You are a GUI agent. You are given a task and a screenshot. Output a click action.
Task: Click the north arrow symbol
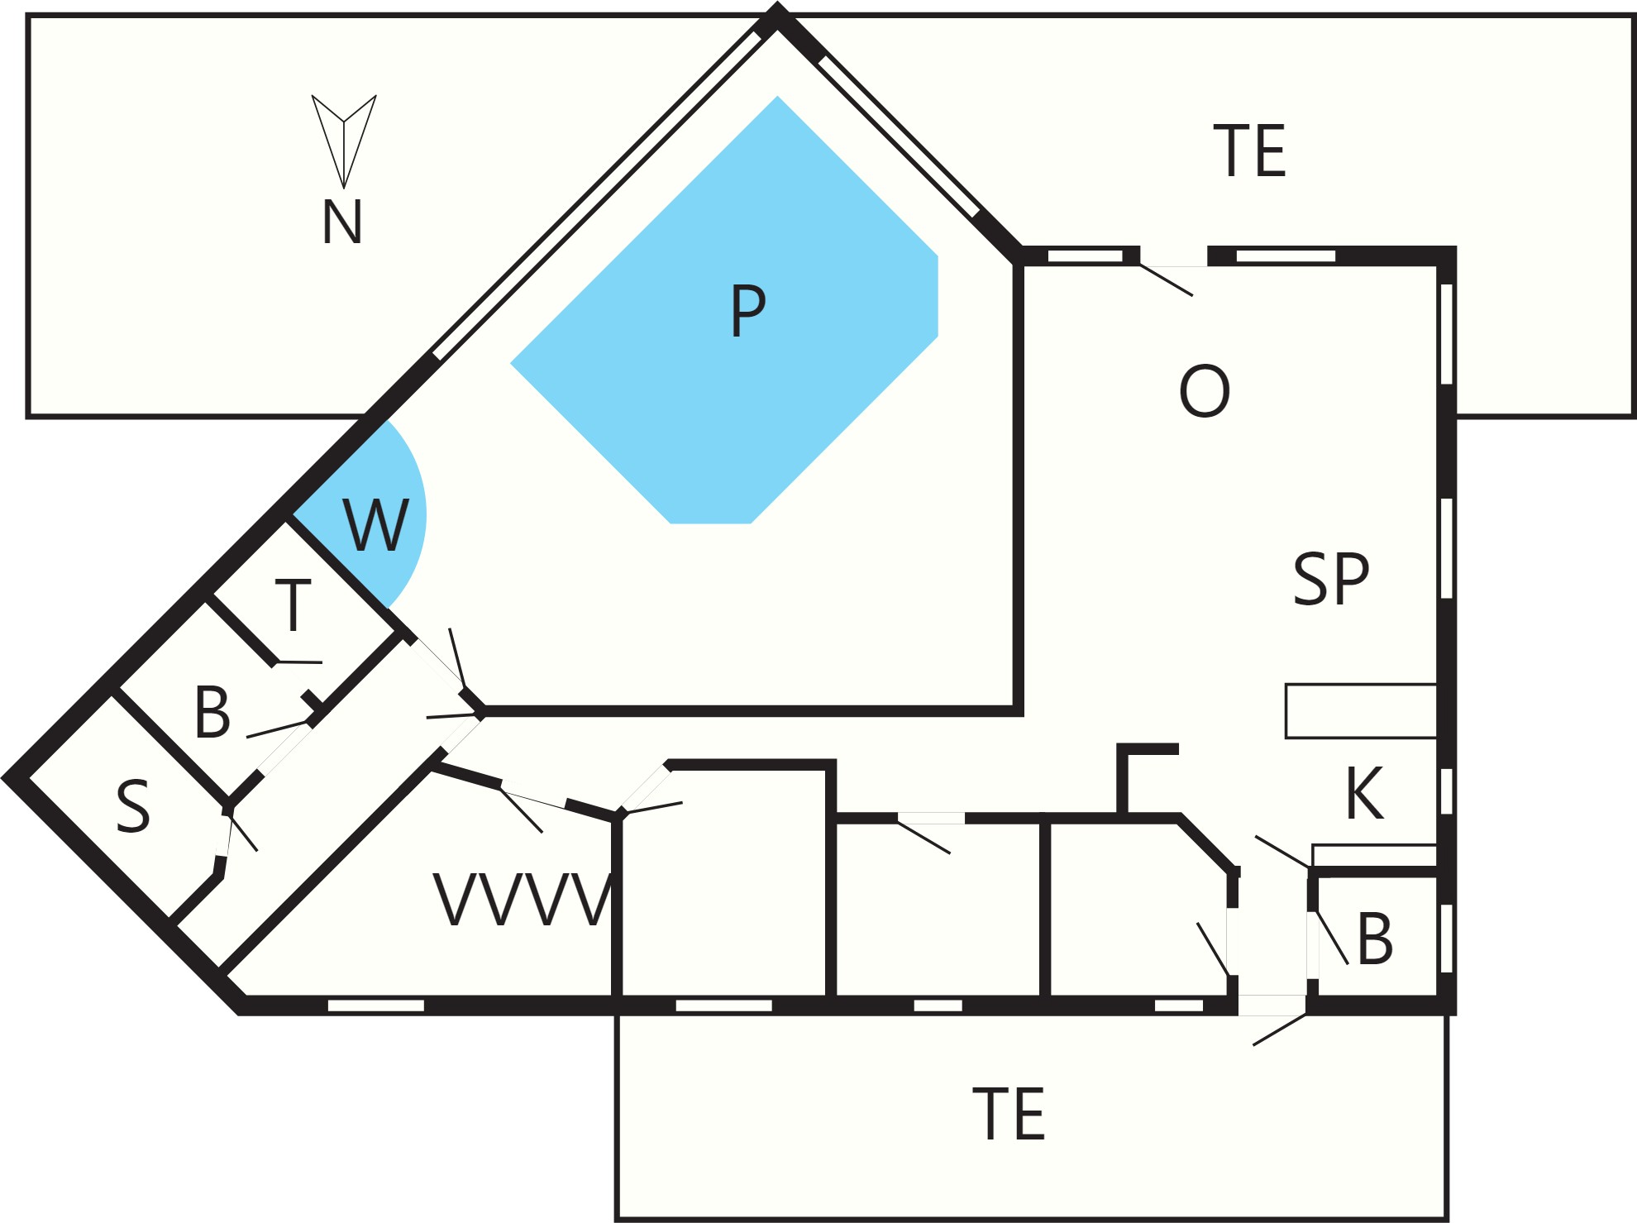coord(344,141)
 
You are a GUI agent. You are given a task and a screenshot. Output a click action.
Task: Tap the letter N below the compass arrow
coord(342,222)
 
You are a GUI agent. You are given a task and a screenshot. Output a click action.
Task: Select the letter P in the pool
coord(748,311)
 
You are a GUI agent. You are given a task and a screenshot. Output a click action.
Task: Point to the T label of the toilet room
coord(293,604)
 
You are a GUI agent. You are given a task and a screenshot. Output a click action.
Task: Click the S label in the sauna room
coord(133,807)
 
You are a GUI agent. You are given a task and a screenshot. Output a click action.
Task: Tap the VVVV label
coord(523,900)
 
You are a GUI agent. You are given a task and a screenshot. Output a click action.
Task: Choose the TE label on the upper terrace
coord(1250,150)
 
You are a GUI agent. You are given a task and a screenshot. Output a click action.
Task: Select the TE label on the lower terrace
coord(1009,1114)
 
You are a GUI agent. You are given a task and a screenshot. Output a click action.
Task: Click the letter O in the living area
coord(1205,391)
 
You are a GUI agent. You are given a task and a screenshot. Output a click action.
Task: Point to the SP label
coord(1331,579)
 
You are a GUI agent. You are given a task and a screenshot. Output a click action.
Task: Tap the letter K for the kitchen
coord(1364,793)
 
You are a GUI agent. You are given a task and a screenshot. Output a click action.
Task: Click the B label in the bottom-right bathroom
coord(1375,939)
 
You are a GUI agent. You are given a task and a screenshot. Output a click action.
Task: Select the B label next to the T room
coord(212,712)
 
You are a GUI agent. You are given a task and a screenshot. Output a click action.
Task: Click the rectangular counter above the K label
coord(1361,710)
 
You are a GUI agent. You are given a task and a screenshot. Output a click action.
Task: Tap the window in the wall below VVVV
coord(376,1006)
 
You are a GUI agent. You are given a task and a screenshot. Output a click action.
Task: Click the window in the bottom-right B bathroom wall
coord(1446,939)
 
